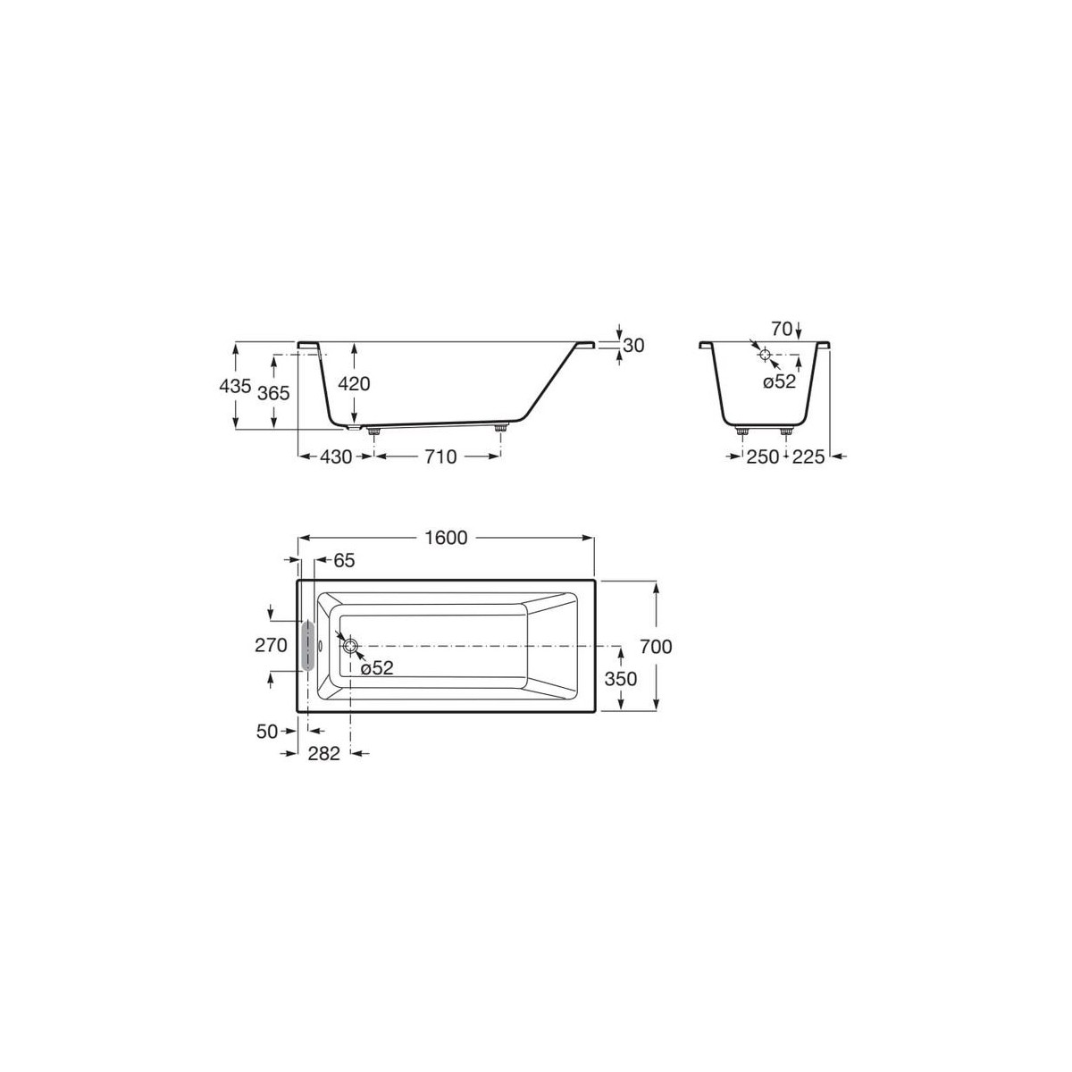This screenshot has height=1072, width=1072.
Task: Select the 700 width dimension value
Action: tap(657, 647)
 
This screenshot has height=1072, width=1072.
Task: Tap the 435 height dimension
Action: tap(235, 385)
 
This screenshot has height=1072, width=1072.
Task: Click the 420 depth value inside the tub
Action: tap(354, 384)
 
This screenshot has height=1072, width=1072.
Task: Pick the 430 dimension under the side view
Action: tap(336, 456)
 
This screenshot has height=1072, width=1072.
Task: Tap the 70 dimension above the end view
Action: tap(782, 330)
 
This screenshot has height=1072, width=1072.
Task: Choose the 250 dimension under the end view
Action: tap(762, 456)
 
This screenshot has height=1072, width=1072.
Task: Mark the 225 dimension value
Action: tap(808, 456)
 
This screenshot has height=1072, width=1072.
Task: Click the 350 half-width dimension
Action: tap(621, 679)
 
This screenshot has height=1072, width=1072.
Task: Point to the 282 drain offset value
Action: tap(324, 754)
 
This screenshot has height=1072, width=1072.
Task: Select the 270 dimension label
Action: tap(270, 645)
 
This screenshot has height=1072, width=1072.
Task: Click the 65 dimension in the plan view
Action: tap(344, 561)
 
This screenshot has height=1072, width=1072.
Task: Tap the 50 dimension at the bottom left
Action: tap(268, 731)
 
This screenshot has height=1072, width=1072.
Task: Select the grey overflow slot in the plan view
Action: tap(308, 645)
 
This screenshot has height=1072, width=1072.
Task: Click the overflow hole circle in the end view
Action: tap(766, 355)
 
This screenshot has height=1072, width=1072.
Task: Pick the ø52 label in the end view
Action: tap(778, 382)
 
